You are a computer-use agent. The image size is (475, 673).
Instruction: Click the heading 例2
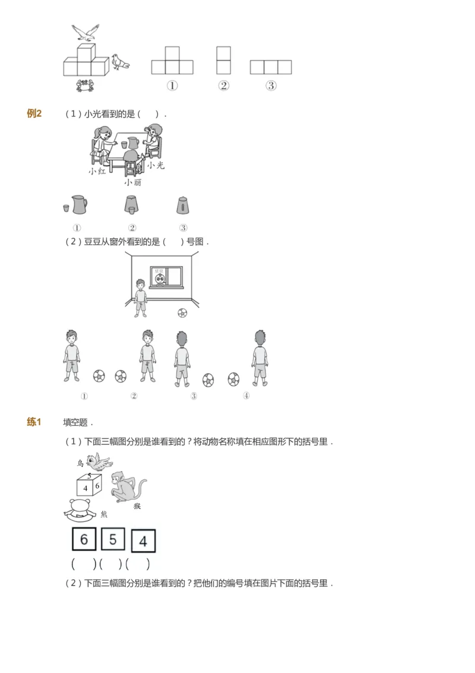[34, 113]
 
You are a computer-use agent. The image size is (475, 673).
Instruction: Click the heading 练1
[34, 422]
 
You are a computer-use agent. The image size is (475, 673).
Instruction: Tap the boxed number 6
[84, 539]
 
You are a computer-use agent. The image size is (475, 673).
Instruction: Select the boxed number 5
[113, 539]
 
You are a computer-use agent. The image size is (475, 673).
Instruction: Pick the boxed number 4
[143, 541]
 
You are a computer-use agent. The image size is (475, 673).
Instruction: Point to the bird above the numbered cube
[98, 462]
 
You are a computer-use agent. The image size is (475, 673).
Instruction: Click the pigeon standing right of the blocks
[120, 62]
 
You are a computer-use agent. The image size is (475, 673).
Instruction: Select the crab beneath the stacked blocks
[84, 85]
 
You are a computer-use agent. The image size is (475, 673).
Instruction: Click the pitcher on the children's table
[133, 143]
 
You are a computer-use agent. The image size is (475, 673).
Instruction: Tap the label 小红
[97, 171]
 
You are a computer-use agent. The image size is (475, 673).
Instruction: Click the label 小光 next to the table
[156, 165]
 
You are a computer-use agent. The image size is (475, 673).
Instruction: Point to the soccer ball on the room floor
[182, 312]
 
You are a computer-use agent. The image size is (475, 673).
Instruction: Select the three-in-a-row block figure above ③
[271, 67]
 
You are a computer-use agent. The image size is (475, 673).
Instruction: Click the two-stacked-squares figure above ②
[223, 60]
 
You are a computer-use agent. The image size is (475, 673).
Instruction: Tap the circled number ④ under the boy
[246, 396]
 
